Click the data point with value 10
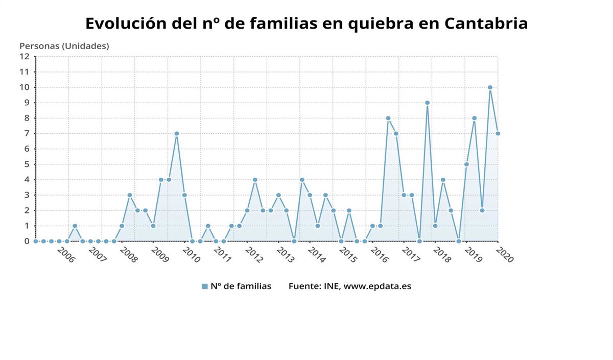point(490,87)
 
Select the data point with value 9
point(427,103)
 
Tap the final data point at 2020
point(498,134)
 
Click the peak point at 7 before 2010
point(176,134)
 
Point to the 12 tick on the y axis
point(25,57)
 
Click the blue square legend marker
point(205,286)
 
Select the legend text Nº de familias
point(241,286)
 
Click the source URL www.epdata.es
point(377,286)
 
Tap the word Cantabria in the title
point(486,23)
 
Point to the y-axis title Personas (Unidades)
point(64,46)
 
